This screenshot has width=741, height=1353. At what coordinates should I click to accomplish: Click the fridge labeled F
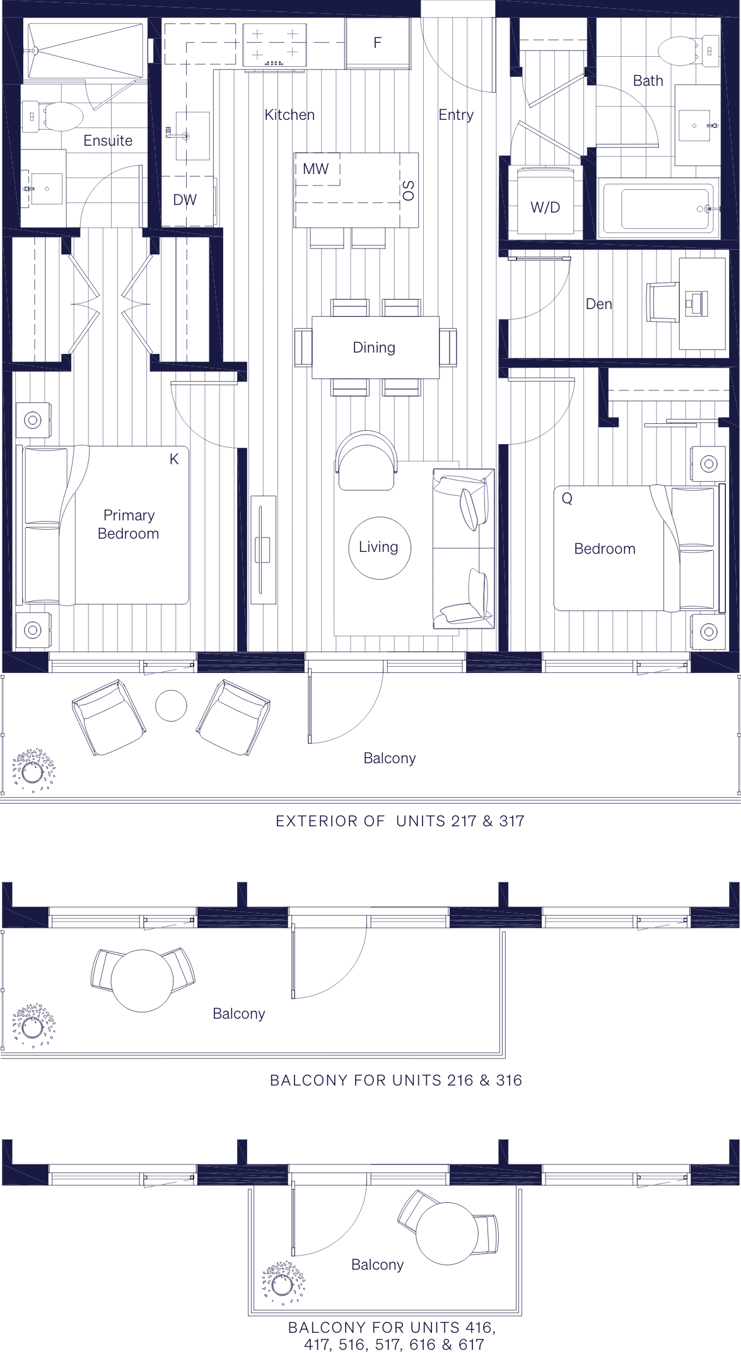click(x=377, y=42)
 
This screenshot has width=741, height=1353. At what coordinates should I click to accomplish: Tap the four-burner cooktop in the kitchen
click(x=274, y=45)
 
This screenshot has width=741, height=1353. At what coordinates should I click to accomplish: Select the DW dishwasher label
click(x=185, y=200)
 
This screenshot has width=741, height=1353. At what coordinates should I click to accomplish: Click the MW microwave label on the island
click(x=315, y=169)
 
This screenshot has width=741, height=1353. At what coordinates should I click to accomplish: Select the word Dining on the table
click(x=374, y=348)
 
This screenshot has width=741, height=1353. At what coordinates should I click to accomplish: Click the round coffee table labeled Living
click(x=379, y=547)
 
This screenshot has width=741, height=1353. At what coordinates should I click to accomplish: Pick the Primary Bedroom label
click(x=129, y=524)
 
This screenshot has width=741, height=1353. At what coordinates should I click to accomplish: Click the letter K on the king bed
click(x=174, y=459)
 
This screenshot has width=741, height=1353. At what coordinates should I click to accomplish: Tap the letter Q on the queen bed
click(x=567, y=498)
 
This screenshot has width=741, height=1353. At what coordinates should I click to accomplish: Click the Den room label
click(x=598, y=304)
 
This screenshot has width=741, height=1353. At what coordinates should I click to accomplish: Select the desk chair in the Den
click(x=662, y=303)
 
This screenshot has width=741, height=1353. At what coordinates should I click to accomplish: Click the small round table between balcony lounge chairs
click(x=171, y=705)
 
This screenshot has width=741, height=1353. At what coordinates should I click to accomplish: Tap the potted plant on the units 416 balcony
click(x=283, y=1282)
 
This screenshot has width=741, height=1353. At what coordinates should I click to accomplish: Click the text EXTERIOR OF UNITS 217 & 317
click(x=400, y=821)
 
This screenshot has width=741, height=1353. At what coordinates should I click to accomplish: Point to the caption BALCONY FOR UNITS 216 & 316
click(x=395, y=1081)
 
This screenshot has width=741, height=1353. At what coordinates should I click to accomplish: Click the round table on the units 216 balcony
click(x=142, y=980)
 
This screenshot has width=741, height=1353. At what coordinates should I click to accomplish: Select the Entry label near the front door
click(x=455, y=115)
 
